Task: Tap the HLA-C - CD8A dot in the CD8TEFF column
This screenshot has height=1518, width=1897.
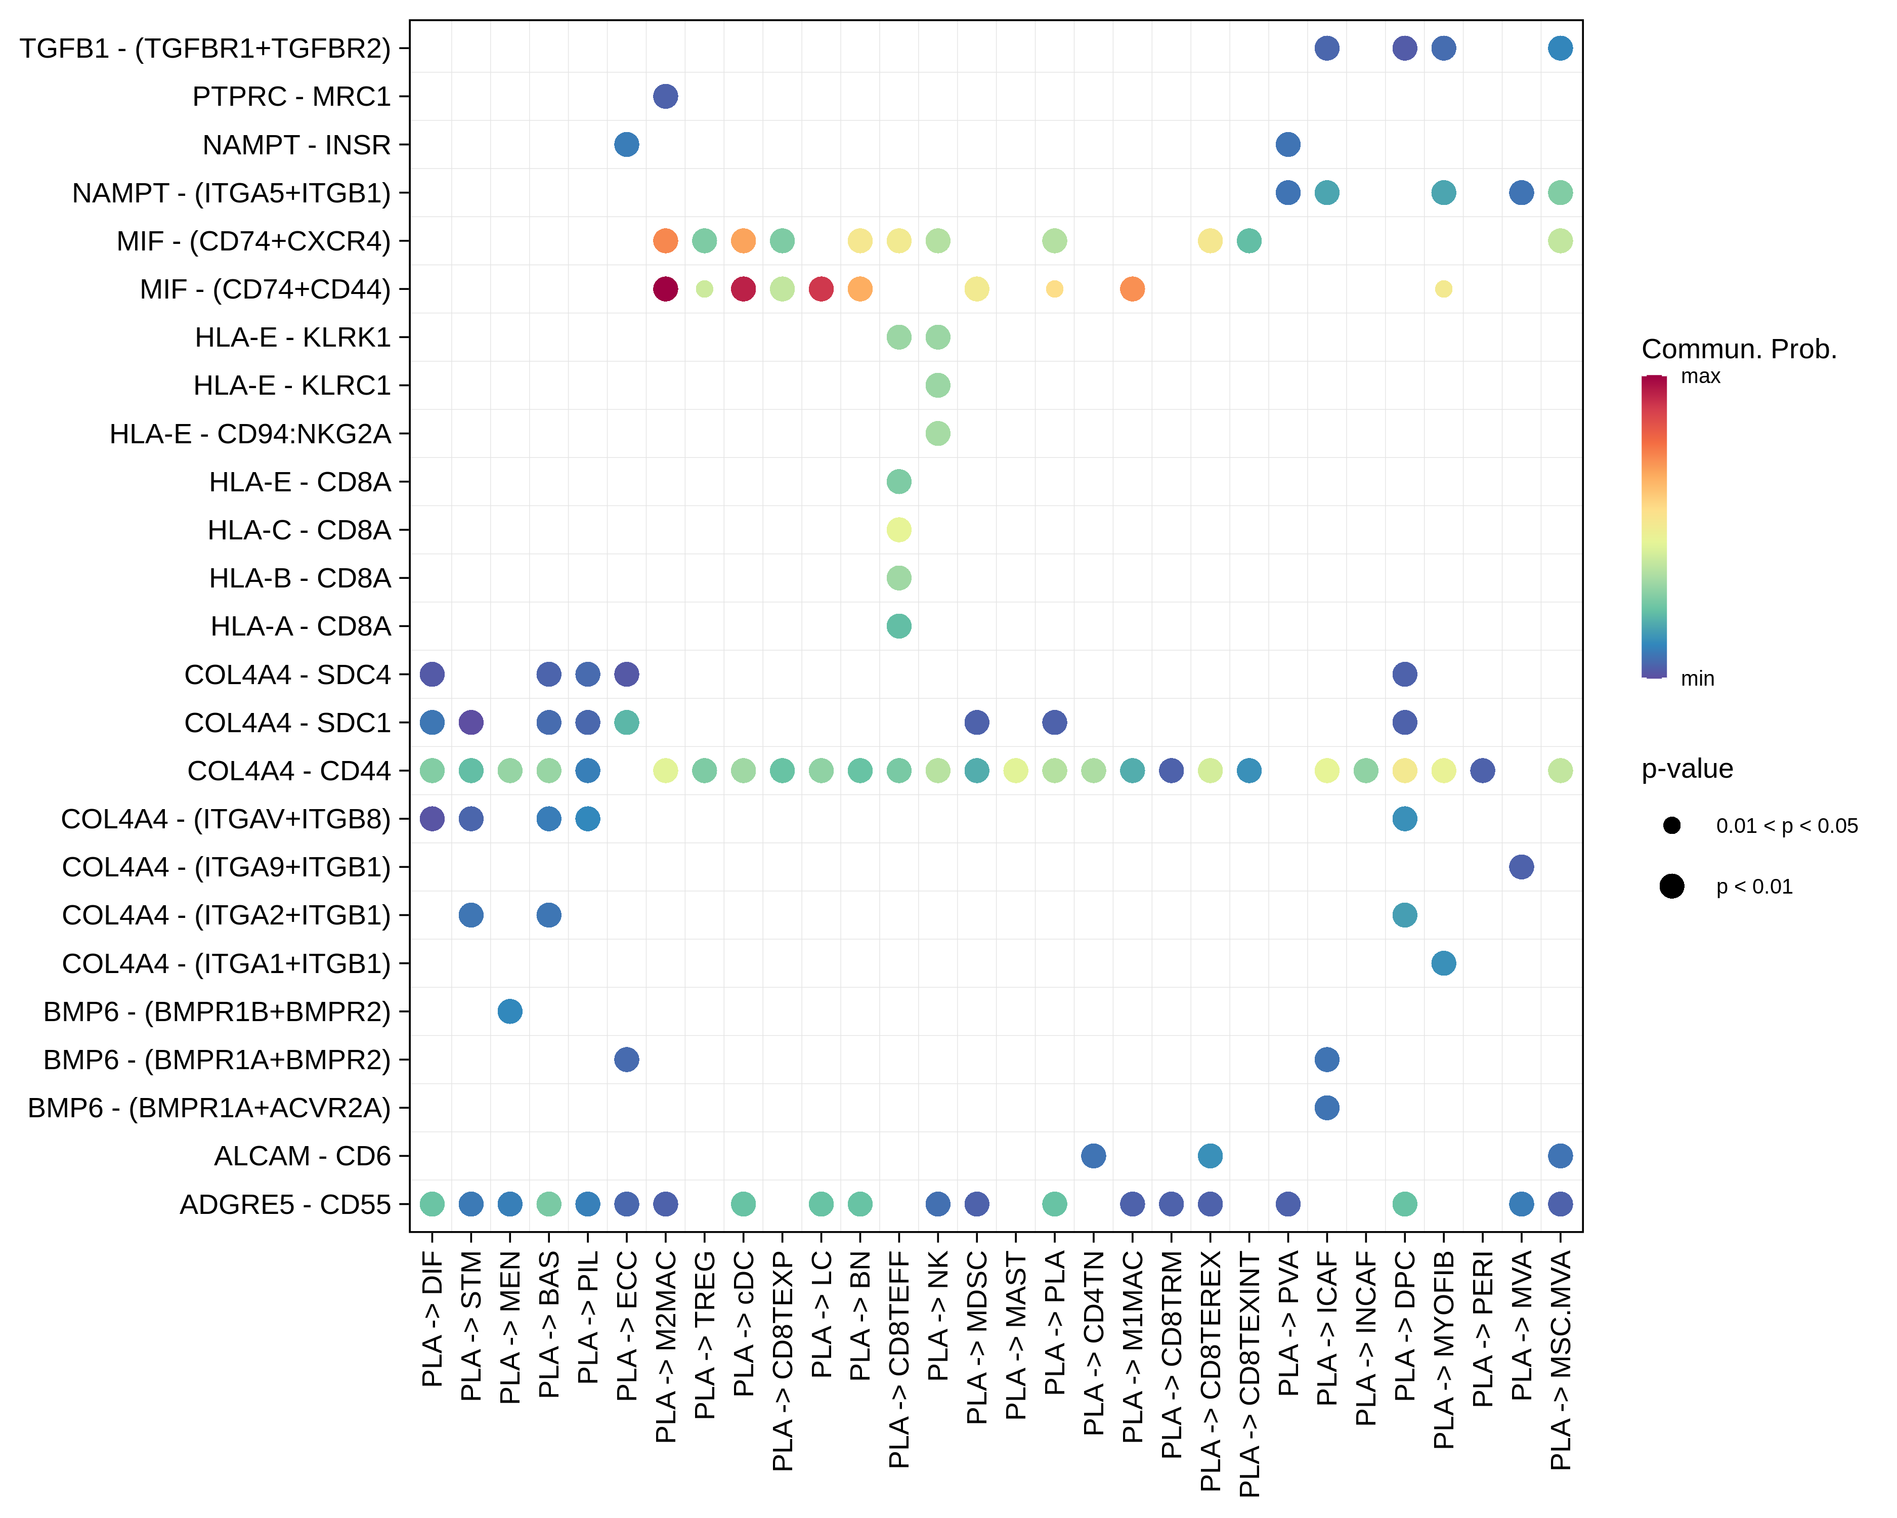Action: tap(898, 530)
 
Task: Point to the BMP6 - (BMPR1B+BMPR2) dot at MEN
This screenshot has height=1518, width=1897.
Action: tap(509, 1011)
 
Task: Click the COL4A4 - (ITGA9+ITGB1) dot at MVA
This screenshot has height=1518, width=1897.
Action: tap(1521, 867)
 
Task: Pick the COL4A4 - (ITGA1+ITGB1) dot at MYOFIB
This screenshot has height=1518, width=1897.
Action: tap(1443, 963)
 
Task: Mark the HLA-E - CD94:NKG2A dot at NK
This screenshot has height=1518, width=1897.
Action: tap(938, 433)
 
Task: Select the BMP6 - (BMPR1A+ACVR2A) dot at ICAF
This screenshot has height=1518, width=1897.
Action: tap(1327, 1107)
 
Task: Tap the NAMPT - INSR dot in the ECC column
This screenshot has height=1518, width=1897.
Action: tap(626, 144)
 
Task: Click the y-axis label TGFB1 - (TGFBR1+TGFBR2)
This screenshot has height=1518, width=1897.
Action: tap(205, 49)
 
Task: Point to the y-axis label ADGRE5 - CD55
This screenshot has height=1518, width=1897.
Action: tap(285, 1204)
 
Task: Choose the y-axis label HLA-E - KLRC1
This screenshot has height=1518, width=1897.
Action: tap(292, 386)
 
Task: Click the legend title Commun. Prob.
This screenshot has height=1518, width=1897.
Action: tap(1739, 349)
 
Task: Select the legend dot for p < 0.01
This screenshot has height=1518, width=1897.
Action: tap(1672, 886)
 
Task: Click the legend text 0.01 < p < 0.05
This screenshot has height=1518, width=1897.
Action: tap(1786, 825)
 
